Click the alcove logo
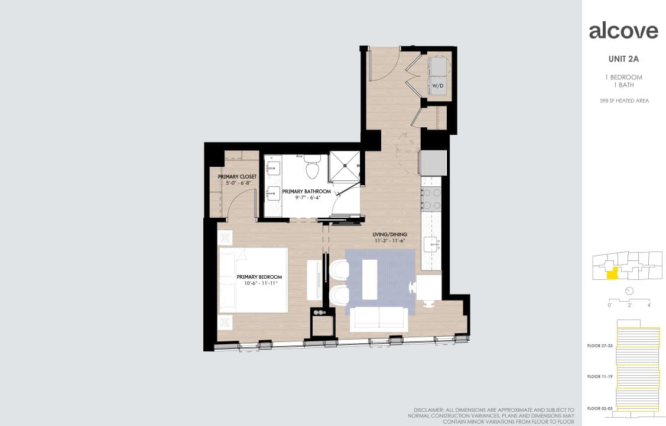click(x=623, y=31)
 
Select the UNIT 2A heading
click(x=623, y=59)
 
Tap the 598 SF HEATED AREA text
click(x=623, y=101)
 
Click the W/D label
click(x=437, y=86)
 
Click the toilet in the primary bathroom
click(x=312, y=168)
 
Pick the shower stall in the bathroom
click(x=345, y=166)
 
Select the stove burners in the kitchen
click(x=432, y=199)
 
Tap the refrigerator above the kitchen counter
click(x=433, y=162)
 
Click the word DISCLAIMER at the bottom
click(x=429, y=409)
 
